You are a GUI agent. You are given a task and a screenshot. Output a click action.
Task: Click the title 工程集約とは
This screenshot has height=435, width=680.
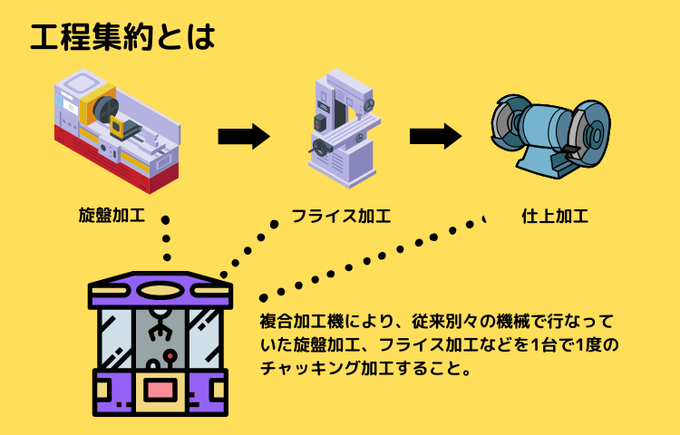(122, 36)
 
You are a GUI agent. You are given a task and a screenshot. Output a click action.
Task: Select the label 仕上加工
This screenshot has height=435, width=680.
(555, 217)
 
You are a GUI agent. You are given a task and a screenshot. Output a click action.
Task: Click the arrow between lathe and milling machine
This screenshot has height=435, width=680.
(244, 137)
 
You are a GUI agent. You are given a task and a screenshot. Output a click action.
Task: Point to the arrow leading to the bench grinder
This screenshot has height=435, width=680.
(435, 137)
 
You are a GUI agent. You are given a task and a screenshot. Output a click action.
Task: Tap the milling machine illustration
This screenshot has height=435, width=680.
(340, 127)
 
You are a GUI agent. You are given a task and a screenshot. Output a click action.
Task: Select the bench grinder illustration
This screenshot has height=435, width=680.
(549, 131)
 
